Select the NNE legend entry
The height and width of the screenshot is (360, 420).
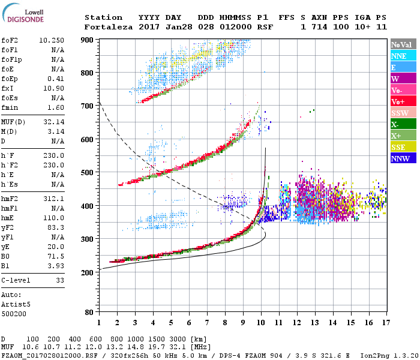pyautogui.click(x=403, y=56)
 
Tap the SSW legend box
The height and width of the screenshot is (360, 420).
pyautogui.click(x=403, y=113)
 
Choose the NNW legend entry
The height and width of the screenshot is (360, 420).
pyautogui.click(x=403, y=158)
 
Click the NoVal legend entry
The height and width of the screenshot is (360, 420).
pyautogui.click(x=403, y=44)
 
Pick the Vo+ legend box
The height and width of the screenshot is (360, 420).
pyautogui.click(x=403, y=101)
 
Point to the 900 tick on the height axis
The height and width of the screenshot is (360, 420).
pyautogui.click(x=88, y=40)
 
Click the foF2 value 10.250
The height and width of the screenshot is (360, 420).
pyautogui.click(x=52, y=40)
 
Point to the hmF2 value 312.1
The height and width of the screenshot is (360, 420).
pyautogui.click(x=54, y=199)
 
